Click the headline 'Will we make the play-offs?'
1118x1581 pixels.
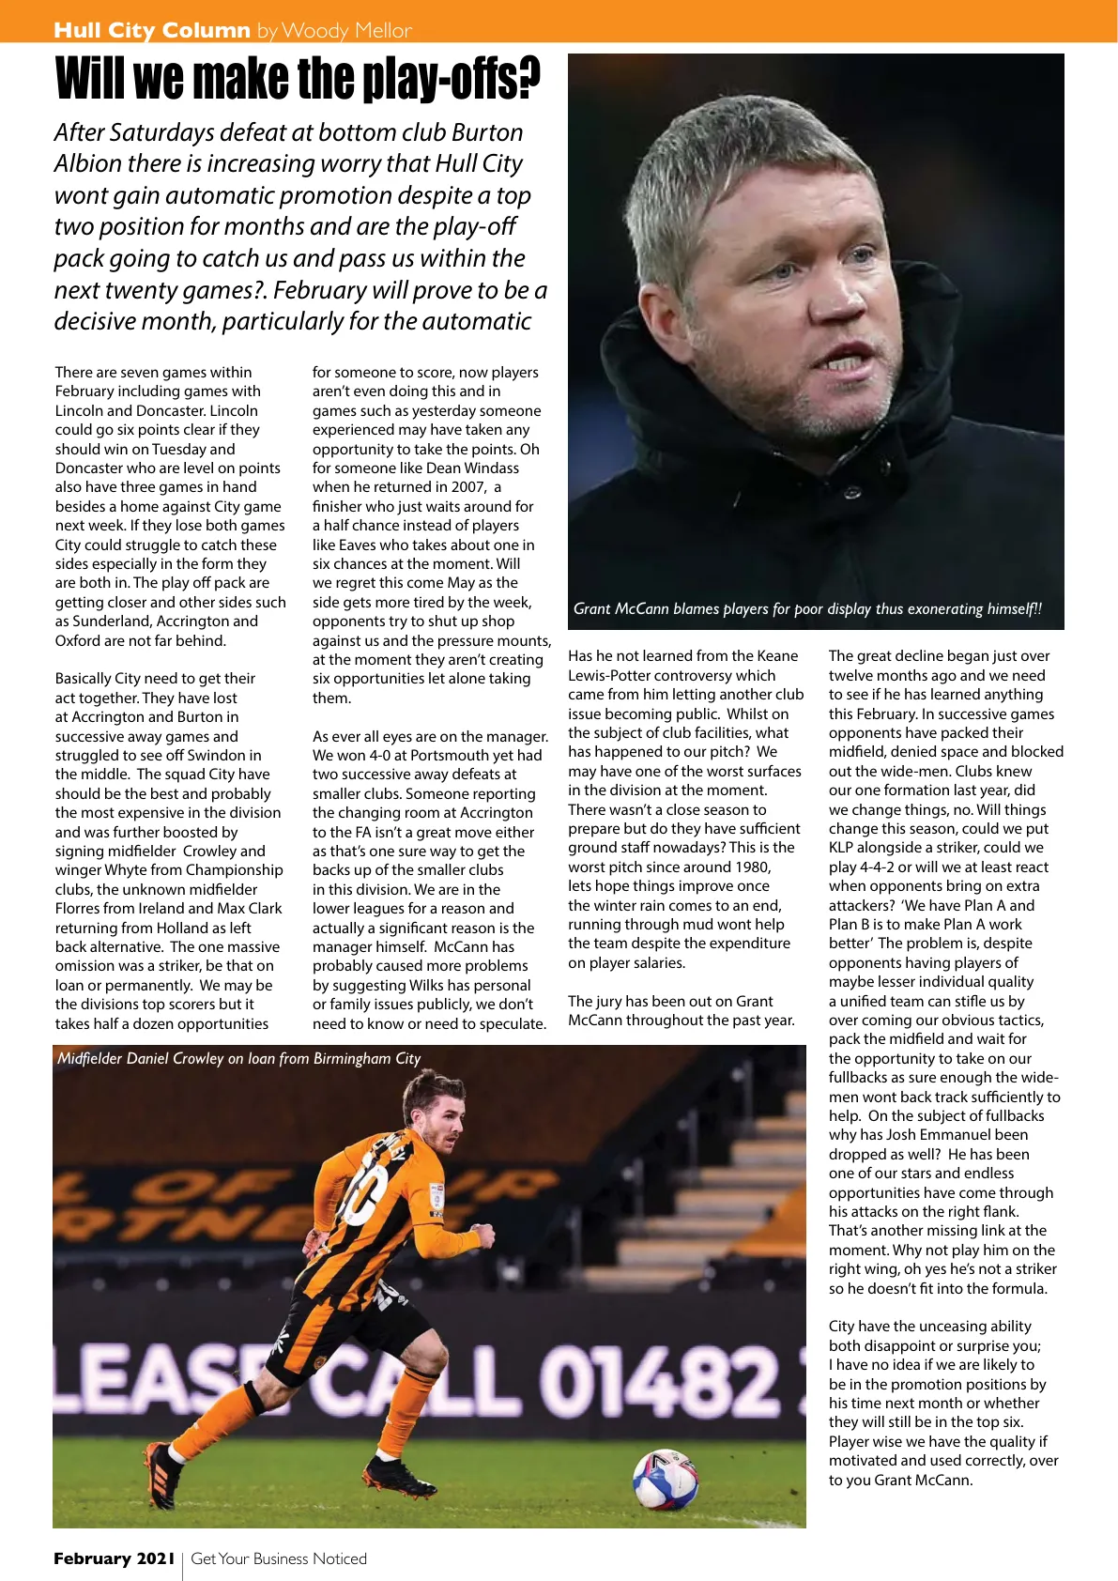(x=298, y=80)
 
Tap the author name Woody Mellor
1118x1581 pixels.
(x=346, y=31)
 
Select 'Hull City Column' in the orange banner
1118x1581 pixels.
(x=152, y=31)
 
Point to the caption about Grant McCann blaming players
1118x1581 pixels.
(x=807, y=609)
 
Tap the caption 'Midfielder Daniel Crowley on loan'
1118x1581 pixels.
(x=239, y=1058)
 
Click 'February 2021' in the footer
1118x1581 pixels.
(x=114, y=1558)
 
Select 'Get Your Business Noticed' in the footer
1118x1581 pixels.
(x=279, y=1558)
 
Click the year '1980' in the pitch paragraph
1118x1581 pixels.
(x=750, y=867)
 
